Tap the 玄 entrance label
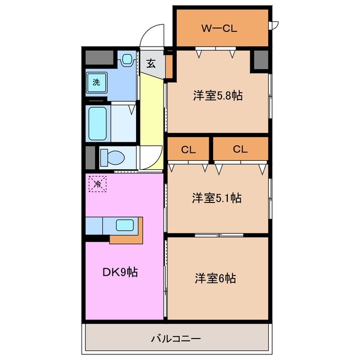pyautogui.click(x=151, y=63)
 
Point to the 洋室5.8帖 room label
pyautogui.click(x=218, y=96)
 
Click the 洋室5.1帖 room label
pyautogui.click(x=217, y=198)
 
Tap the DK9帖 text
pyautogui.click(x=120, y=273)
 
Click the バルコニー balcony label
pyautogui.click(x=176, y=339)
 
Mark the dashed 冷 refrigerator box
pyautogui.click(x=97, y=183)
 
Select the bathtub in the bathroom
pyautogui.click(x=100, y=122)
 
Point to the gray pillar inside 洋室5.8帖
pyautogui.click(x=260, y=60)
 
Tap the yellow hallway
pyautogui.click(x=151, y=112)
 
